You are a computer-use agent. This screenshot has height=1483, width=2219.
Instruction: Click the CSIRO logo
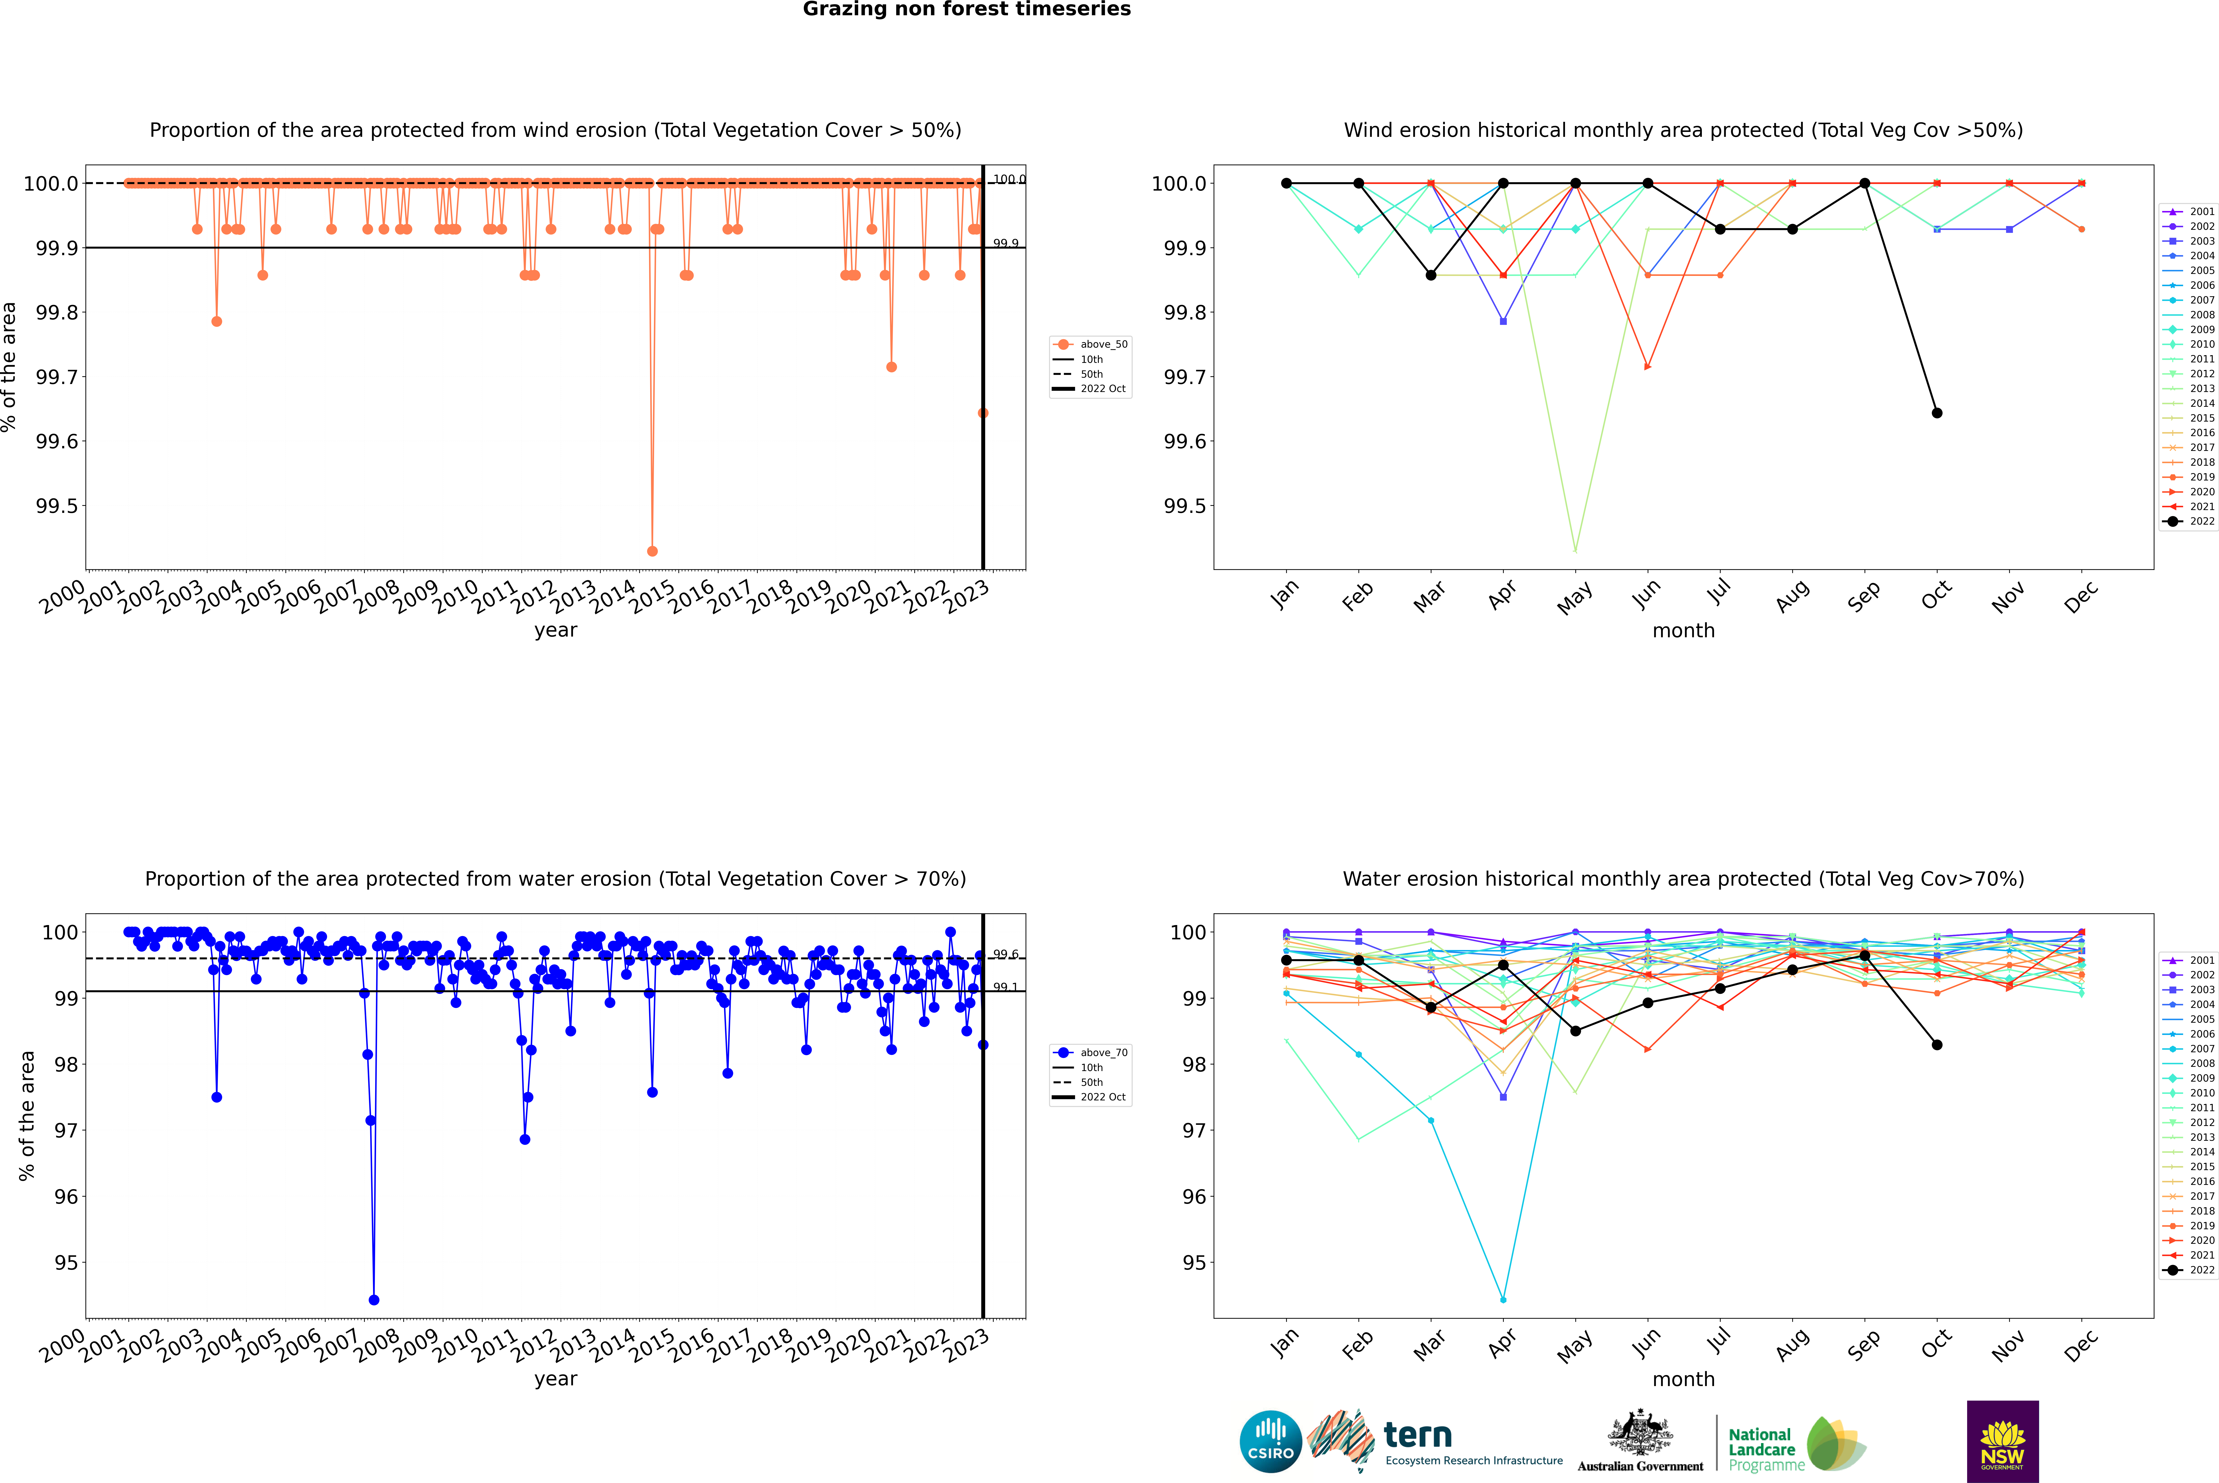pos(1270,1441)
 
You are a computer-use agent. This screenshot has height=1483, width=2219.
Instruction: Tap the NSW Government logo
pos(2002,1441)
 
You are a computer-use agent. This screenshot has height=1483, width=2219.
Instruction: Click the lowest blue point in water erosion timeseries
pos(374,1299)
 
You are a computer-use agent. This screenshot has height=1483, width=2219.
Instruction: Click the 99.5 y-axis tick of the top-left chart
pos(57,506)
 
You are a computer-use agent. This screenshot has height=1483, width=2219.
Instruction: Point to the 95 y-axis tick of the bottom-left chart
pos(66,1263)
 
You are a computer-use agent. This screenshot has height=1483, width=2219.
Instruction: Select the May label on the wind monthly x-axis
pos(1575,598)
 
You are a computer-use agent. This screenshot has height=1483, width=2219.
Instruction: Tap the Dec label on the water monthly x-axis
pos(2081,1346)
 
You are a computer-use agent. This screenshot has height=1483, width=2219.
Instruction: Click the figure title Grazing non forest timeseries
pos(967,9)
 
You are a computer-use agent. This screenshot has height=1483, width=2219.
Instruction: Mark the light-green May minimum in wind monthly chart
pos(1575,550)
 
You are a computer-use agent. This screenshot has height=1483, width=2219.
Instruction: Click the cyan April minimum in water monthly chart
pos(1503,1299)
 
